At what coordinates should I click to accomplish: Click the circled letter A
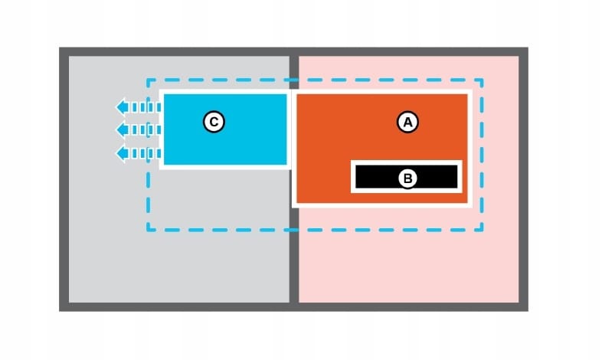pyautogui.click(x=407, y=121)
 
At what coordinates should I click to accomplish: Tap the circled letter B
pyautogui.click(x=407, y=178)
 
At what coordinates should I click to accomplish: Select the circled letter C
pyautogui.click(x=214, y=121)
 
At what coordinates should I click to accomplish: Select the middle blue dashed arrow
pyautogui.click(x=137, y=130)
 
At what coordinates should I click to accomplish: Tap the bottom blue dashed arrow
pyautogui.click(x=137, y=153)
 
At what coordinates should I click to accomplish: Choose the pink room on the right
pyautogui.click(x=406, y=260)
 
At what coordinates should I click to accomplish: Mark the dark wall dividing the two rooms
pyautogui.click(x=293, y=260)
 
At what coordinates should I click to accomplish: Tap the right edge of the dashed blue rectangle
pyautogui.click(x=482, y=153)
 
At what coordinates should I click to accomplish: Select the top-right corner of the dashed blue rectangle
pyautogui.click(x=482, y=80)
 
